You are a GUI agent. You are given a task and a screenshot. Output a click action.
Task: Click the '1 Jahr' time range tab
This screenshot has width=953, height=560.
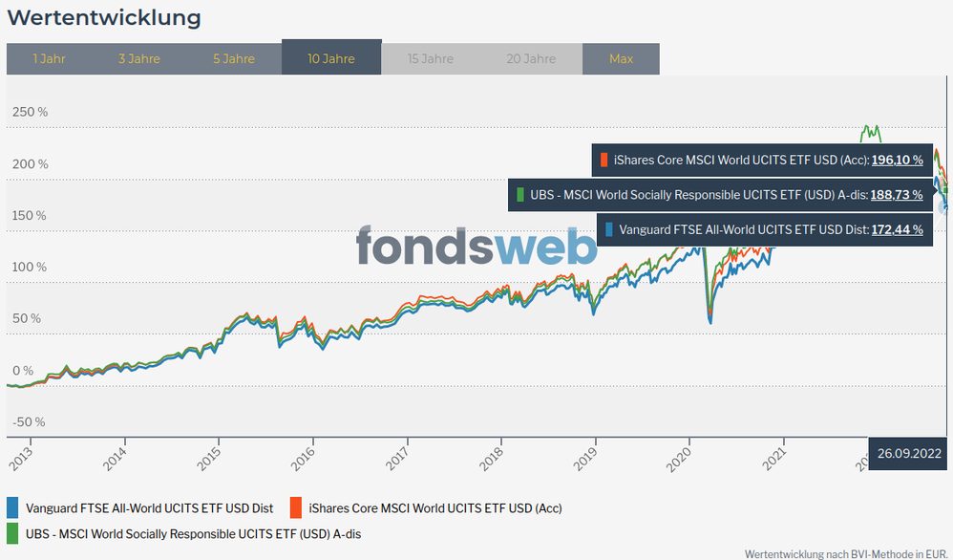tap(49, 58)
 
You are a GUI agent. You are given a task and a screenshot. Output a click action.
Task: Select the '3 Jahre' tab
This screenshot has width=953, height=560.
tap(139, 58)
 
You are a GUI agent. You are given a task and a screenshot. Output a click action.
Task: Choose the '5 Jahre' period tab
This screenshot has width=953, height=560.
tap(234, 58)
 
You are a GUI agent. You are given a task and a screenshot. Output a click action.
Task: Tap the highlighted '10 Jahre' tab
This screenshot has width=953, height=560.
tap(331, 58)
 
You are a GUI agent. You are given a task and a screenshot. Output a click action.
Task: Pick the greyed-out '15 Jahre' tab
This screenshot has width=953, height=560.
tap(431, 58)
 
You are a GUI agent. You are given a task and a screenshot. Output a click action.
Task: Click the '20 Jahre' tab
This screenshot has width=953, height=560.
tap(532, 58)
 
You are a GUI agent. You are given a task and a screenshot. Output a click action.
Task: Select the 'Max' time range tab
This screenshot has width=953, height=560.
tap(621, 58)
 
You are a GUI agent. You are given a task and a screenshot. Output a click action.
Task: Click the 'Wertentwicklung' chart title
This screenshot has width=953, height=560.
tap(104, 18)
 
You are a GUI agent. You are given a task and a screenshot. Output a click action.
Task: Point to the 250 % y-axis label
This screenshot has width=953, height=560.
tap(30, 112)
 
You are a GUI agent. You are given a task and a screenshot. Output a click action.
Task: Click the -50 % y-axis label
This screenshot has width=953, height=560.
tap(29, 421)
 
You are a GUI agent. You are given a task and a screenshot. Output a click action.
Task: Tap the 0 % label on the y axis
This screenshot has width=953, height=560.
tap(22, 370)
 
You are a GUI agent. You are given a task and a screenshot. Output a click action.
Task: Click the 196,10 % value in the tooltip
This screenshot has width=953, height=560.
tap(897, 161)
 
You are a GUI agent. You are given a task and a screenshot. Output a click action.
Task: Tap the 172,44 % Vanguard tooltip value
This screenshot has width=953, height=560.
tap(897, 229)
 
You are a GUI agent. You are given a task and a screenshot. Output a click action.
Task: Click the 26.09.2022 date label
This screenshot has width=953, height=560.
tap(910, 454)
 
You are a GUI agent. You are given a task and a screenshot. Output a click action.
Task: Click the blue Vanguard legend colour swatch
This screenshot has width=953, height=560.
tap(12, 507)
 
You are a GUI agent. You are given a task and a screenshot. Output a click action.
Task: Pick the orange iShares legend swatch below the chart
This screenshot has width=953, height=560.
tap(296, 507)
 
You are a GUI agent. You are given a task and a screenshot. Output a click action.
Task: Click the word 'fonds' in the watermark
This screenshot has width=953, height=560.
tap(425, 246)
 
